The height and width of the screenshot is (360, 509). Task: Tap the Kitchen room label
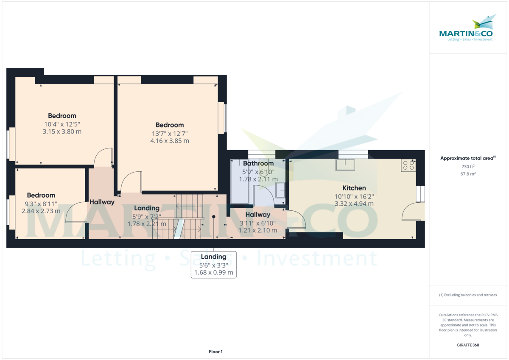tap(354, 188)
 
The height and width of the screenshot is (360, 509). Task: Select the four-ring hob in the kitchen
tap(408, 165)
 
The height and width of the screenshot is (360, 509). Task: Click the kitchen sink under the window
tap(345, 165)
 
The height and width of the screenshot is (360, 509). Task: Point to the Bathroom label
tap(258, 163)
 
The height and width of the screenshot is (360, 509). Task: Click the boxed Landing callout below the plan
tap(213, 265)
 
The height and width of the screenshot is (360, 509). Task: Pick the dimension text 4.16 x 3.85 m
tap(169, 141)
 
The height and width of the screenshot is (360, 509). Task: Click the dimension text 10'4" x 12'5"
tap(62, 124)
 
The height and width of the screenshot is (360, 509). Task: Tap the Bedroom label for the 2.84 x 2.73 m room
tap(41, 195)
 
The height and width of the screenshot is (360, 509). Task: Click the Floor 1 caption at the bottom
tap(215, 352)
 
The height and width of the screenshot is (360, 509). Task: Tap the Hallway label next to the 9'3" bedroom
tap(102, 202)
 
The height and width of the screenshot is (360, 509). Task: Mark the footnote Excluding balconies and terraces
tap(467, 295)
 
